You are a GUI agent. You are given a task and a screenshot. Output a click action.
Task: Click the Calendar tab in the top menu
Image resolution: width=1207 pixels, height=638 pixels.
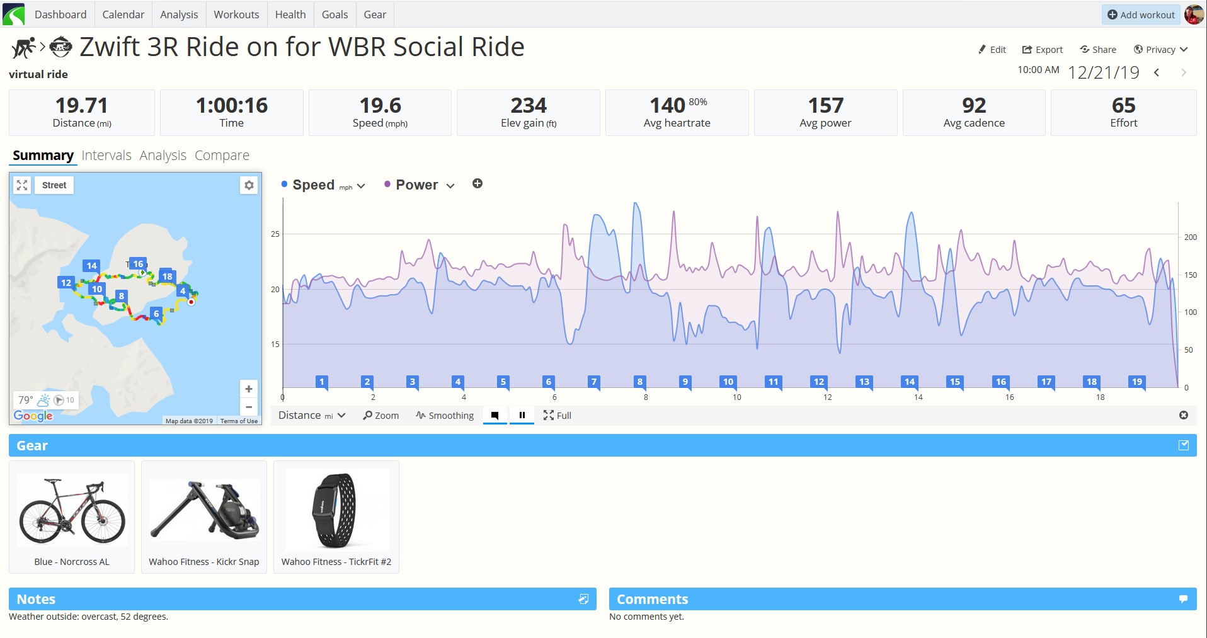pyautogui.click(x=123, y=14)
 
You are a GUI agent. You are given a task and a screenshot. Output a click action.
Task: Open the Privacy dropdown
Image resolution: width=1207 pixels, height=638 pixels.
pyautogui.click(x=1160, y=50)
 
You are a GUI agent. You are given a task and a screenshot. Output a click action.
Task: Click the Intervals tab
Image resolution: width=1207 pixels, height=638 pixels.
pyautogui.click(x=106, y=156)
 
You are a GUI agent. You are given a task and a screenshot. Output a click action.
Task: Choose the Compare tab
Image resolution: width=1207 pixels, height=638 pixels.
pyautogui.click(x=222, y=156)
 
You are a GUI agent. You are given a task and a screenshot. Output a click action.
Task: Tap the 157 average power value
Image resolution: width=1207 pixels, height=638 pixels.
pyautogui.click(x=825, y=105)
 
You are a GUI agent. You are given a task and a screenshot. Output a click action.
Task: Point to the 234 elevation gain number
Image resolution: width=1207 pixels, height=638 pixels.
pyautogui.click(x=529, y=105)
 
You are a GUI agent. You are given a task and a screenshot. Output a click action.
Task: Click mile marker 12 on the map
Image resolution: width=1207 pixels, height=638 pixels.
pyautogui.click(x=66, y=283)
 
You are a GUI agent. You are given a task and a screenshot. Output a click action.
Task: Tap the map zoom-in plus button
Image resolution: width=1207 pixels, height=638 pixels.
pyautogui.click(x=249, y=389)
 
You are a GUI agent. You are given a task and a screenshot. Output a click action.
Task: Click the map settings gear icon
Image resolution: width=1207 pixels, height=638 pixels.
pyautogui.click(x=249, y=185)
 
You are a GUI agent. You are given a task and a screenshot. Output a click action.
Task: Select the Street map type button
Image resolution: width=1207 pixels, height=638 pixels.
pyautogui.click(x=54, y=185)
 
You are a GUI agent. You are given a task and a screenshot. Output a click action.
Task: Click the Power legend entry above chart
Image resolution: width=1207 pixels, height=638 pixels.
pyautogui.click(x=416, y=185)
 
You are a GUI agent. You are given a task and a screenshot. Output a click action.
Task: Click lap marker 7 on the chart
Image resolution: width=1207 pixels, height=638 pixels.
pyautogui.click(x=593, y=382)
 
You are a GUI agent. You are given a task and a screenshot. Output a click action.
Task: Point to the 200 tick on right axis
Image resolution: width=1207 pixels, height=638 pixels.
pyautogui.click(x=1190, y=237)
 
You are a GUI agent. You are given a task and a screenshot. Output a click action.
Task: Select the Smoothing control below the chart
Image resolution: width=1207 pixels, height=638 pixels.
pyautogui.click(x=445, y=416)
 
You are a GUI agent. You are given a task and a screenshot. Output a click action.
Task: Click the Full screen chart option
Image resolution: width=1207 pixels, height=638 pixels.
pyautogui.click(x=558, y=416)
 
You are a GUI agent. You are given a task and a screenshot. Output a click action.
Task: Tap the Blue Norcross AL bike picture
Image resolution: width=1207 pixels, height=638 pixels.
pyautogui.click(x=72, y=510)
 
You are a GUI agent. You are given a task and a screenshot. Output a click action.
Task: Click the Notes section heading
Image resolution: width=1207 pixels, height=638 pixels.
pyautogui.click(x=36, y=600)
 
